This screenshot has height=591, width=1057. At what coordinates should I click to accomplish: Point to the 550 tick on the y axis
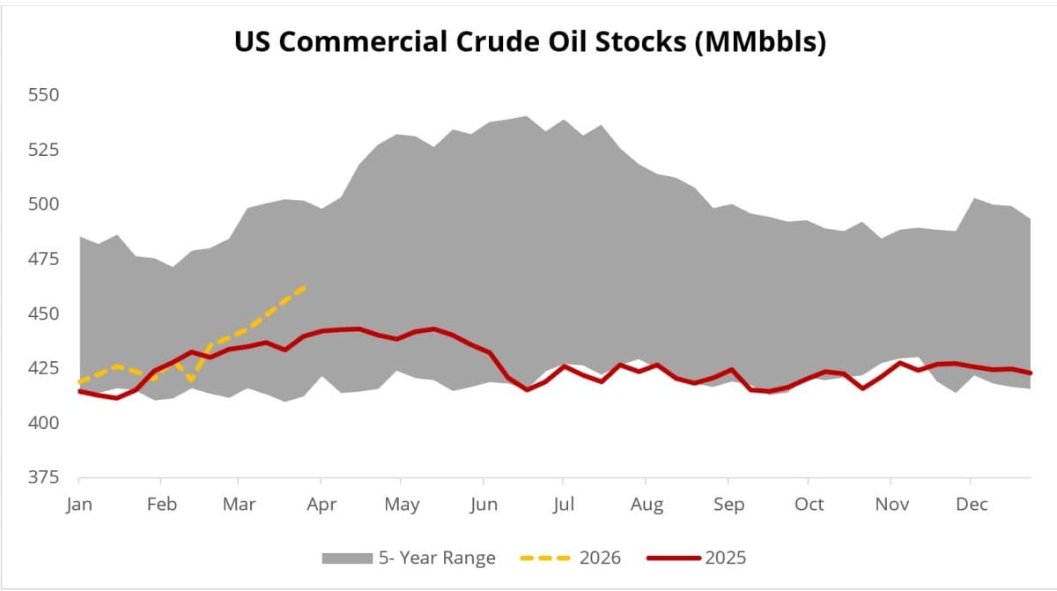(x=43, y=94)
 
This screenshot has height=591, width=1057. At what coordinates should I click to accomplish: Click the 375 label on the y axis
(x=43, y=477)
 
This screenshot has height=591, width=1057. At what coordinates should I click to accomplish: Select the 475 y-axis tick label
(x=43, y=259)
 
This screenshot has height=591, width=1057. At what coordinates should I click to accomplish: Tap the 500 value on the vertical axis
(x=43, y=204)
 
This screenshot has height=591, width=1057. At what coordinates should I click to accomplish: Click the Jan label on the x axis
(x=79, y=505)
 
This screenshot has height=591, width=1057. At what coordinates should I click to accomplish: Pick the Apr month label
(x=321, y=505)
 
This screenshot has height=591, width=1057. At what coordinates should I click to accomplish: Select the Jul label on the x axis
(x=564, y=505)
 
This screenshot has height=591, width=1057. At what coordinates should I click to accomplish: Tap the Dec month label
(x=971, y=505)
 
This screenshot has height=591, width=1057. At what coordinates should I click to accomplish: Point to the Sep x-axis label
(x=728, y=505)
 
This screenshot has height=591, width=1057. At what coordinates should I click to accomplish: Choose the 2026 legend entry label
(x=600, y=558)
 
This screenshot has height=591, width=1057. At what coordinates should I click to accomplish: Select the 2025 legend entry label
(x=726, y=558)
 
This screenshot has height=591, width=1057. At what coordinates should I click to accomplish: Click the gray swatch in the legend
(x=346, y=558)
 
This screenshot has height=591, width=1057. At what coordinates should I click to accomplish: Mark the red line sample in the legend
(x=674, y=558)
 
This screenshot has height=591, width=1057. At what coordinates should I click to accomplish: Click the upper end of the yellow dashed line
(x=305, y=287)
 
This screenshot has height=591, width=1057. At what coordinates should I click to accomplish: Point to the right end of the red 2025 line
(x=1031, y=373)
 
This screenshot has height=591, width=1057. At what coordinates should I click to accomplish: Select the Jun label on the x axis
(x=484, y=505)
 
